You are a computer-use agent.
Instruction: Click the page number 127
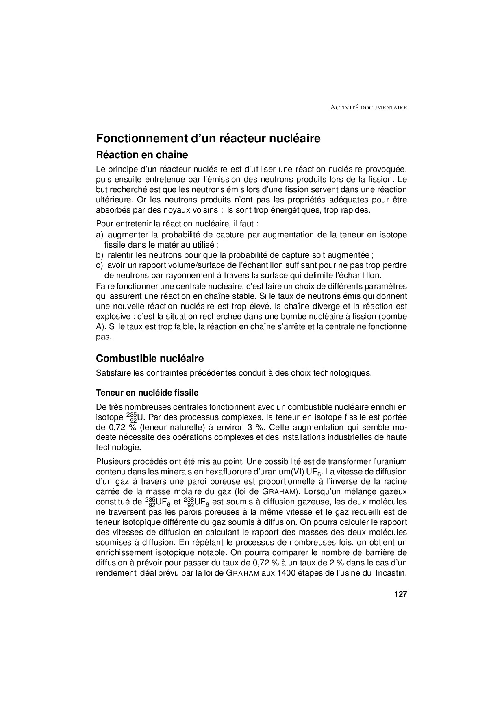point(400,594)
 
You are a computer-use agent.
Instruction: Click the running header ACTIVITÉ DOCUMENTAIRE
point(369,108)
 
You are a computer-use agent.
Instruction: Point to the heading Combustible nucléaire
point(150,359)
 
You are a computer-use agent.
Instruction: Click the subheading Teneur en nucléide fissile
point(147,393)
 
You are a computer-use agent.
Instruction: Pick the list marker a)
point(100,235)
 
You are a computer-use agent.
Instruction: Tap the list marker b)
point(100,255)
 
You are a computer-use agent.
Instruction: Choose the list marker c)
point(100,265)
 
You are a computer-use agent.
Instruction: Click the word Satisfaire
point(112,373)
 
